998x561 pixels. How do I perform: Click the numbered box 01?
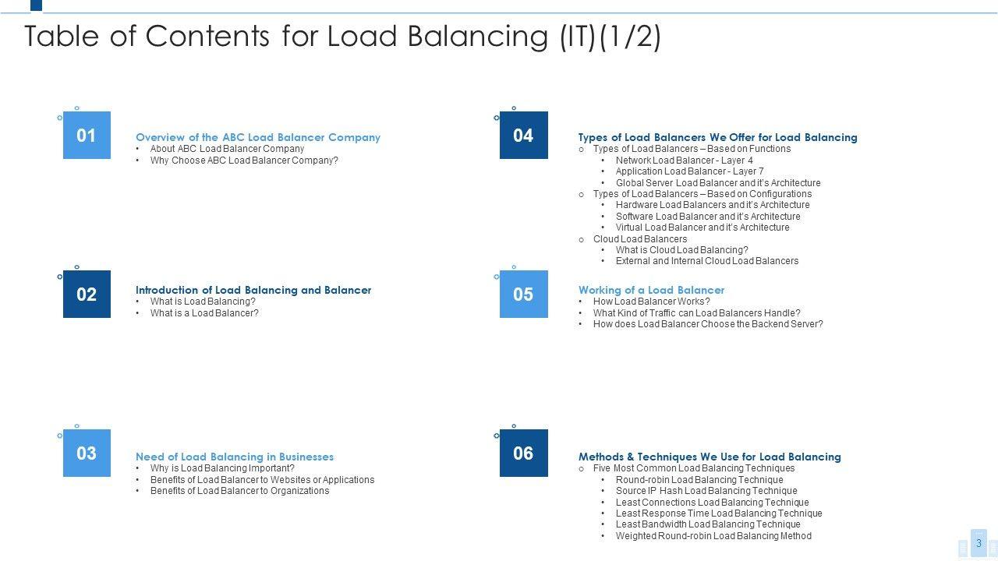pos(87,136)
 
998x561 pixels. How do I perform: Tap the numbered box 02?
pos(87,295)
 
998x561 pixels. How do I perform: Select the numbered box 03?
pos(87,453)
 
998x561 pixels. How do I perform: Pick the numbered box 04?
pos(523,136)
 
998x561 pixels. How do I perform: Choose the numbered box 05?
pos(523,295)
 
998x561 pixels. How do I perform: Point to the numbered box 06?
pos(523,453)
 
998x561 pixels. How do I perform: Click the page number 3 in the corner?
pos(979,543)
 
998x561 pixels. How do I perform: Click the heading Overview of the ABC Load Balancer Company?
pos(258,137)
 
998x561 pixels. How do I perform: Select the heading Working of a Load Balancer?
pos(651,290)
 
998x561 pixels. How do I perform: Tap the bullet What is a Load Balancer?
pos(204,313)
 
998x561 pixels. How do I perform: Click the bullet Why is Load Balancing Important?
pos(222,468)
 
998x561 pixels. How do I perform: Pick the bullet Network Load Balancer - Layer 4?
pos(684,161)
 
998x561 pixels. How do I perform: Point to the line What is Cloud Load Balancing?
pos(681,250)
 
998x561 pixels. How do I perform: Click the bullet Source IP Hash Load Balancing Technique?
pos(706,491)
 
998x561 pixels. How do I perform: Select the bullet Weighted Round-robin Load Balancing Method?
pos(713,536)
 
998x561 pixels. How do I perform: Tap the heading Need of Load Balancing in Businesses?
pos(235,457)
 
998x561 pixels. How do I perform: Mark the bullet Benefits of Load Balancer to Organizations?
pos(239,491)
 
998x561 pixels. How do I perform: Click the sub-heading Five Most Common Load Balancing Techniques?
pos(694,468)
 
